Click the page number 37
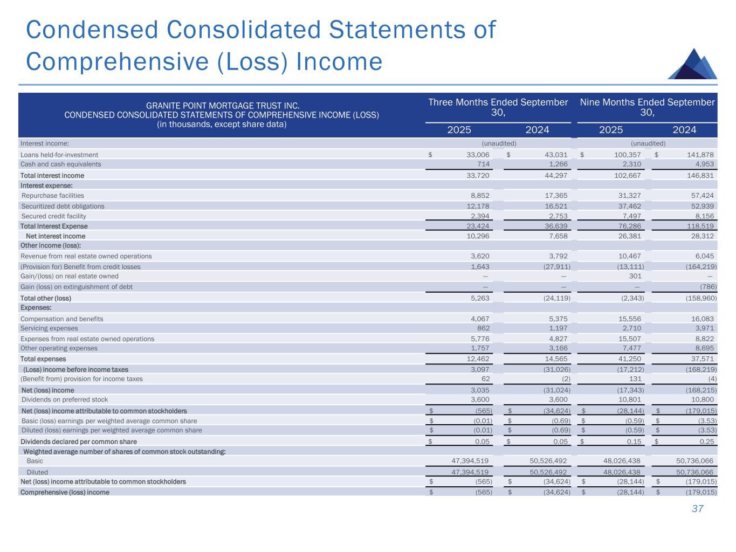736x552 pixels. pos(698,509)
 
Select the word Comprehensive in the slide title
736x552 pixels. pos(114,61)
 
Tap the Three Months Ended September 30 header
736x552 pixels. pos(498,107)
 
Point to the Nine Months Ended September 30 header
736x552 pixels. pos(647,107)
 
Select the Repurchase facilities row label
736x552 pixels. pos(53,196)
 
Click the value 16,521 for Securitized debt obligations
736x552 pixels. pos(555,206)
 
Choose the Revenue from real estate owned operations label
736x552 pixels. pos(86,256)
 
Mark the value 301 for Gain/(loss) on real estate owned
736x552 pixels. pos(634,276)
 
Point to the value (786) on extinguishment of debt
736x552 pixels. pos(707,287)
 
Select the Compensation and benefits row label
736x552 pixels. pos(61,319)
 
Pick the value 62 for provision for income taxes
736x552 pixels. pos(485,379)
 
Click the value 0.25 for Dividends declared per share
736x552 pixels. pos(706,442)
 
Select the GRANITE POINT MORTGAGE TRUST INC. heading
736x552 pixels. pos(222,106)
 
